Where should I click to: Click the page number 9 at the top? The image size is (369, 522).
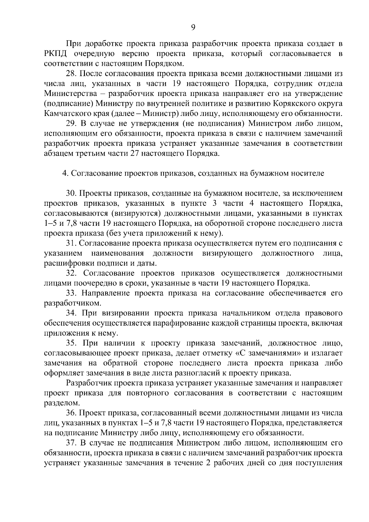click(x=193, y=27)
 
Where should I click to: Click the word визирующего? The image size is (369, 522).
click(x=228, y=253)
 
